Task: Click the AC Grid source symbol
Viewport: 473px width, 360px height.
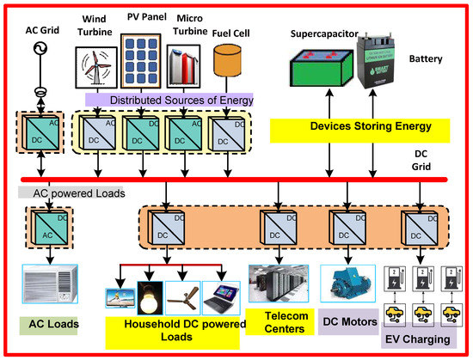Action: (x=39, y=47)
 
